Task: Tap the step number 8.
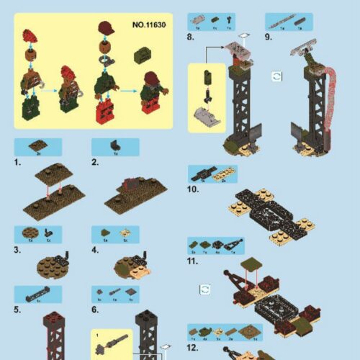click(x=191, y=37)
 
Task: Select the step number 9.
click(x=268, y=37)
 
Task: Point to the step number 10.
click(x=192, y=189)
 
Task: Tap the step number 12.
click(x=192, y=347)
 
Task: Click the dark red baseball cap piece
click(x=105, y=29)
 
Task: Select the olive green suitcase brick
click(x=143, y=55)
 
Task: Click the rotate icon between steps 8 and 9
click(x=276, y=76)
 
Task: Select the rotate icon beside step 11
click(x=206, y=288)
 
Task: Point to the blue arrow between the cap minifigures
click(x=128, y=91)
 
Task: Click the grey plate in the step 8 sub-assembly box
click(x=207, y=115)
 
